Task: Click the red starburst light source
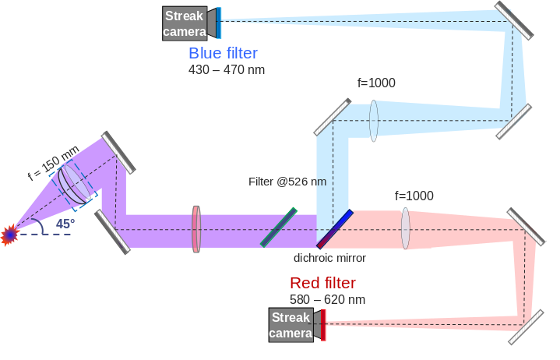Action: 10,233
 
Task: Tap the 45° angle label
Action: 65,224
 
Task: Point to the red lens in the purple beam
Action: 196,229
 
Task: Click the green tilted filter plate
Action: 280,227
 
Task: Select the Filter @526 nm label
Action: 287,182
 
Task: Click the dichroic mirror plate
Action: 335,228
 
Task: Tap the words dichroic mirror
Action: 329,258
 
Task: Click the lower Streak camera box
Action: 291,325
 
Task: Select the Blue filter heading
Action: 223,53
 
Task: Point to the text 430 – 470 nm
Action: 226,69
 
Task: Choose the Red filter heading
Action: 322,283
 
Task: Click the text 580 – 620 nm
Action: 327,299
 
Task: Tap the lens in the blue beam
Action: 374,120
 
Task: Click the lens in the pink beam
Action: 406,228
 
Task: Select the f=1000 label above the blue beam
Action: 376,83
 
